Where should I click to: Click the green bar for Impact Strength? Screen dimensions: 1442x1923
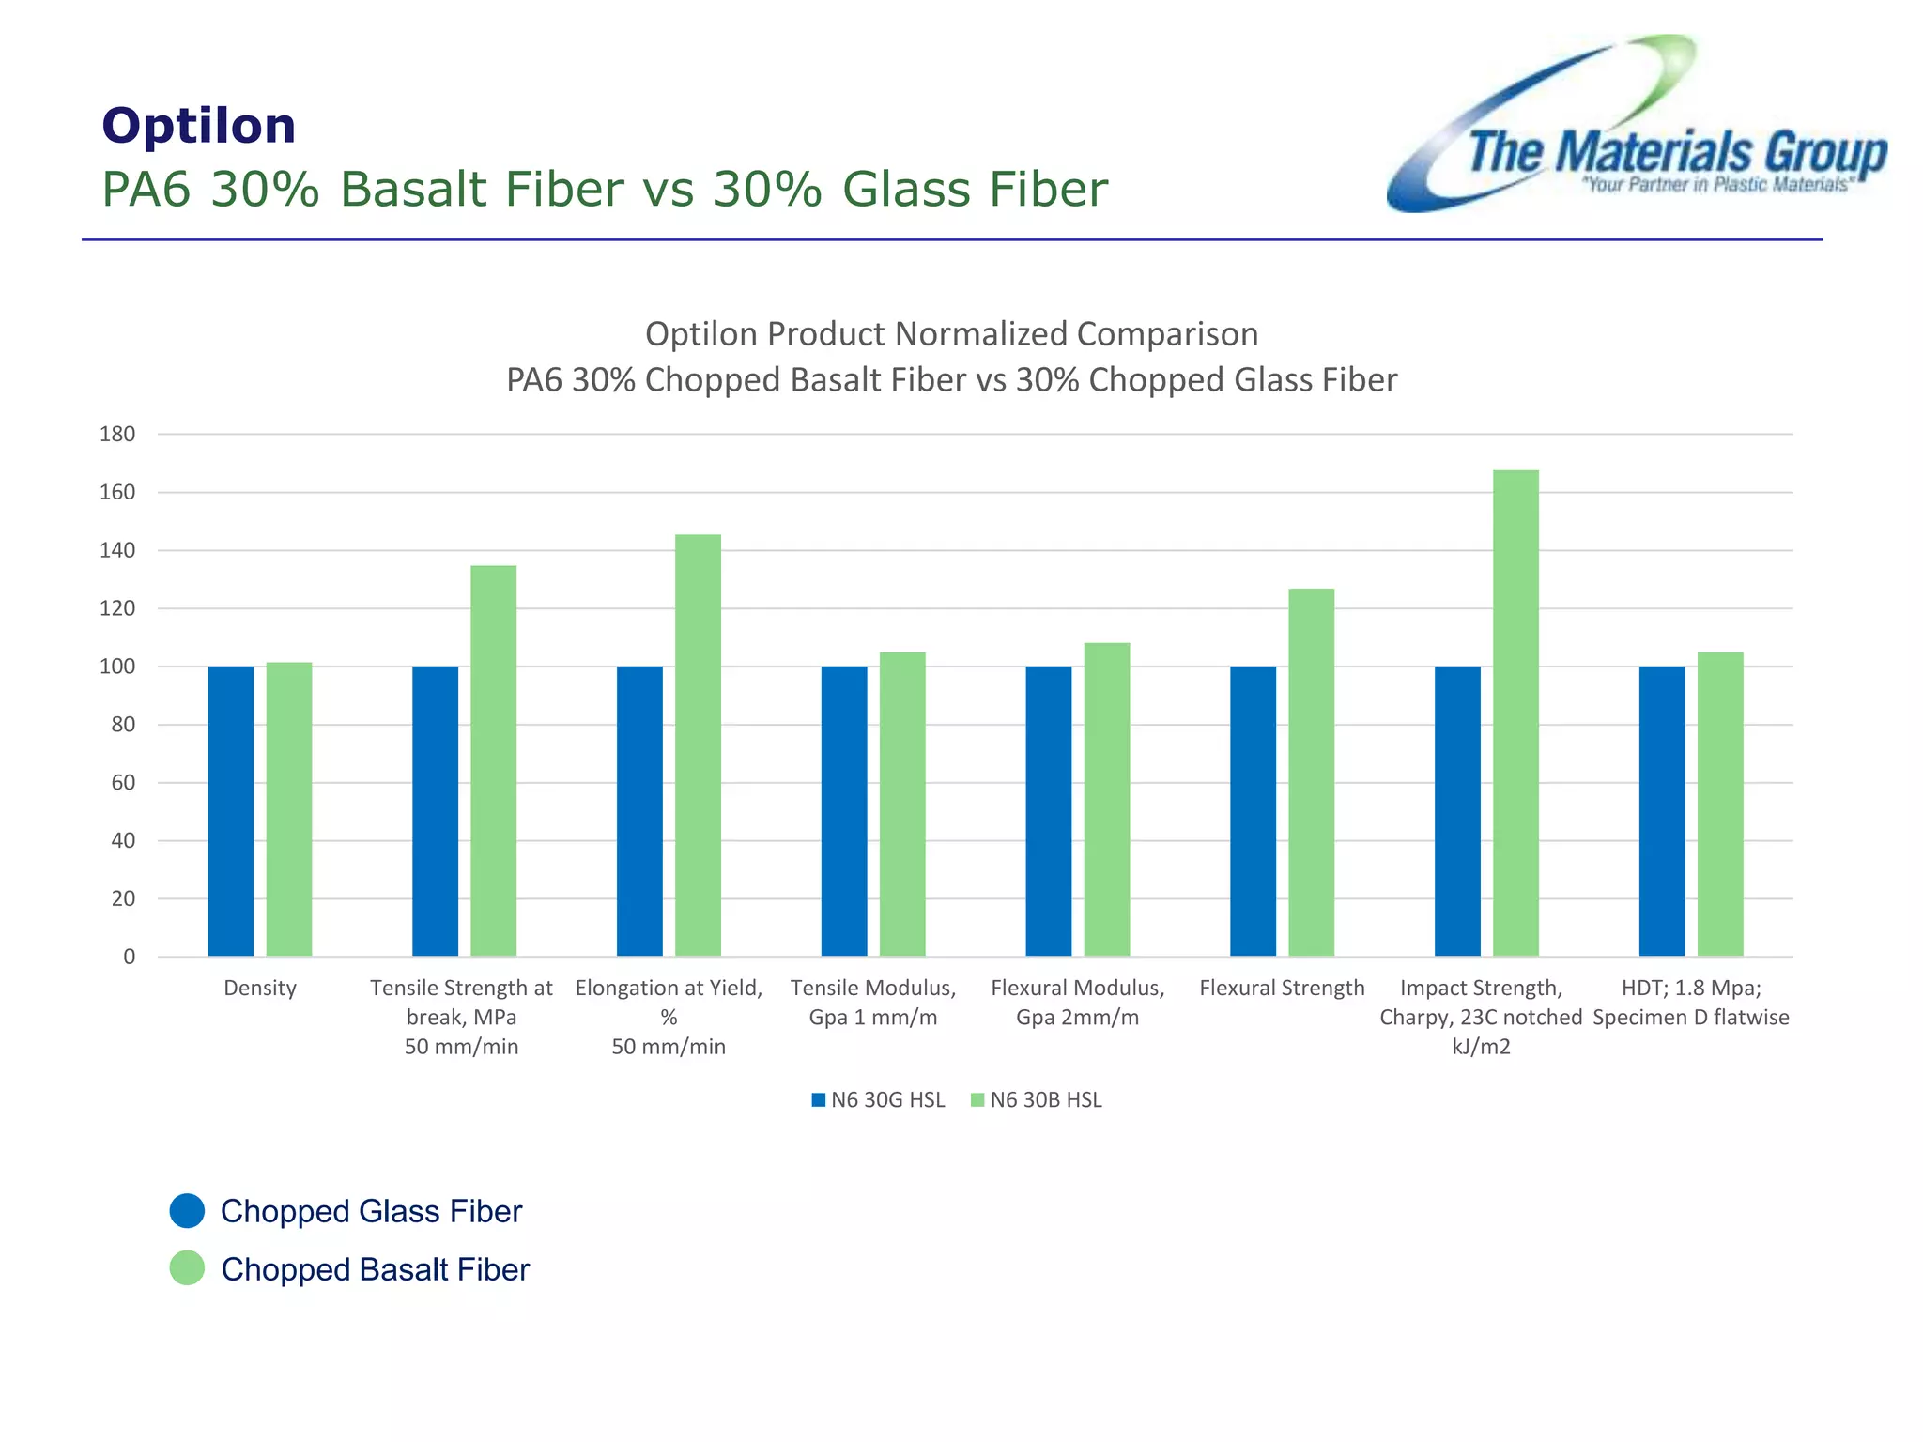point(1515,713)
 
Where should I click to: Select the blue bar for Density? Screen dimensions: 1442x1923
point(231,811)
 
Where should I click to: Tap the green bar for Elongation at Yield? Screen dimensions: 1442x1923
point(698,745)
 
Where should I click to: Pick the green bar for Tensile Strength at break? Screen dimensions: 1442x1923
point(493,760)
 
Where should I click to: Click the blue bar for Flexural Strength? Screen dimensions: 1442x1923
point(1253,811)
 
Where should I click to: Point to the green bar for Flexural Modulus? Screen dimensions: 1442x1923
point(1107,799)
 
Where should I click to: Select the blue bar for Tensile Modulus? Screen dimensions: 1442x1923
point(844,811)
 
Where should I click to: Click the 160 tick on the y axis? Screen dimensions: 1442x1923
point(117,492)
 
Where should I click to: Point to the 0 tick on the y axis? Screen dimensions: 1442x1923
point(129,957)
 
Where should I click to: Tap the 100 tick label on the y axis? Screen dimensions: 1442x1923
point(117,667)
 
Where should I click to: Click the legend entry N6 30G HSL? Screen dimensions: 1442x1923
point(878,1099)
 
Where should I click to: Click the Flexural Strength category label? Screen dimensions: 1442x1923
point(1282,988)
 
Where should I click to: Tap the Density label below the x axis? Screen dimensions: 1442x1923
point(260,988)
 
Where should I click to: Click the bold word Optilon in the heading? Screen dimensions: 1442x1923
point(199,126)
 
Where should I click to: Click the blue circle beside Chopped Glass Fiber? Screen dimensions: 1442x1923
point(187,1211)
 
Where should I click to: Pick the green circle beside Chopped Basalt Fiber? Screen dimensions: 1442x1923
point(187,1268)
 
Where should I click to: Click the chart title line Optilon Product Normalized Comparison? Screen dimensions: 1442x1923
point(951,334)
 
